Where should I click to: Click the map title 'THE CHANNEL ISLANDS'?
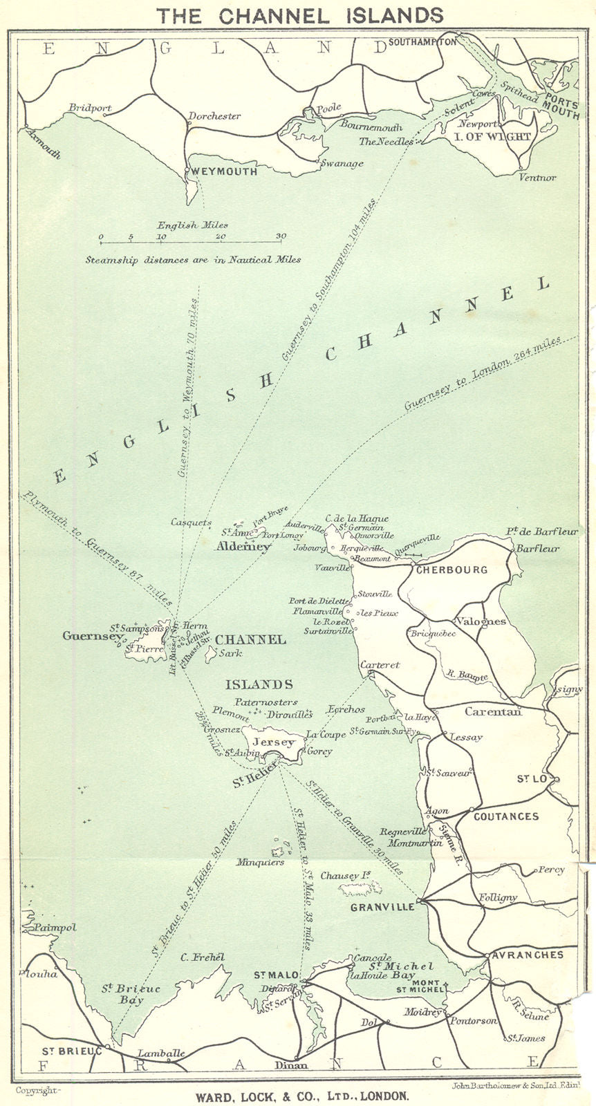299,15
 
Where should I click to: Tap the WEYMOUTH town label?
225,171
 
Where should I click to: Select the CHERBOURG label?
452,570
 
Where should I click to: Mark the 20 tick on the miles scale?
221,237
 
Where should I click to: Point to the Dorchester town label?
214,116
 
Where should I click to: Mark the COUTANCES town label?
506,816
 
